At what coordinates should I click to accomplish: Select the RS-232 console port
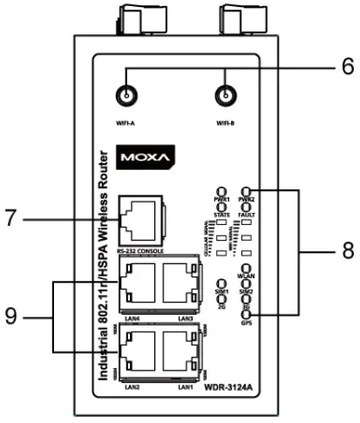point(138,218)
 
